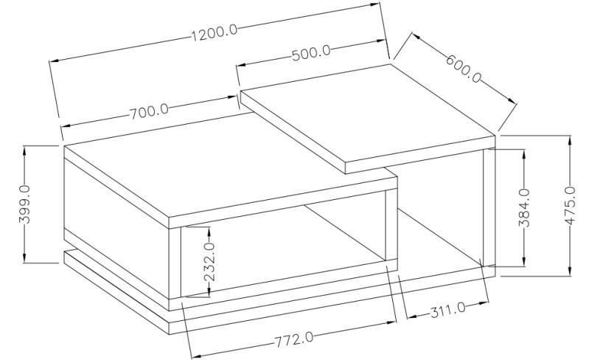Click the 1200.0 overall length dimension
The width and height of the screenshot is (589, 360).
[215, 33]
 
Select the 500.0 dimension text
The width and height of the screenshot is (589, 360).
[311, 52]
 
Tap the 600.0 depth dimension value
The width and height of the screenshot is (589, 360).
[464, 69]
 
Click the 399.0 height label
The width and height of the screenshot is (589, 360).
[25, 204]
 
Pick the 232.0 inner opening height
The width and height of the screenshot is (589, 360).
[209, 262]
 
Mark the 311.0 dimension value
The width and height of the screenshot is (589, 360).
[447, 311]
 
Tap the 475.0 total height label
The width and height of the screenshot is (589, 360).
[571, 205]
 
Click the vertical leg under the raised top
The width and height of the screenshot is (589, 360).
[489, 207]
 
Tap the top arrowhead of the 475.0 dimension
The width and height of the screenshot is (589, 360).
[571, 139]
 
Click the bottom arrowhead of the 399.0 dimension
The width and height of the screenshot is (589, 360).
[25, 257]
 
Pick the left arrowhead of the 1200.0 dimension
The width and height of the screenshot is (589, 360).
[55, 60]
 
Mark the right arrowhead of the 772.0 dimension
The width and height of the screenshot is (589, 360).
[391, 322]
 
